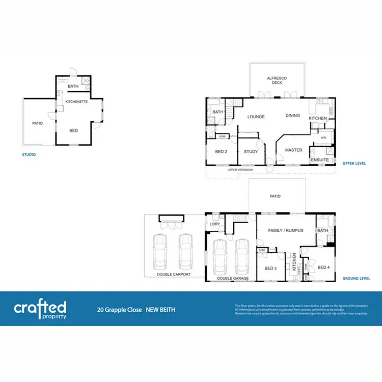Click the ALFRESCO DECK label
pos(277,80)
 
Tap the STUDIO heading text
pos(29,154)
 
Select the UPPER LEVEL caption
pos(356,163)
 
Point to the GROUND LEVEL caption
pos(356,279)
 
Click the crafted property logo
pos(40,309)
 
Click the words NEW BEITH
pos(160,309)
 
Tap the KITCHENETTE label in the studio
pos(76,102)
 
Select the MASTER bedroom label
pos(293,150)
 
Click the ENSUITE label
pos(319,160)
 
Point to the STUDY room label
pos(251,151)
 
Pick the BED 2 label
pos(221,151)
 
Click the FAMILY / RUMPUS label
pos(286,230)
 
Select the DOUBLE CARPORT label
pos(174,275)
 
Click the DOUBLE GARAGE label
pos(233,279)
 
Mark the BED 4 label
pos(323,267)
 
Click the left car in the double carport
pos(160,252)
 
